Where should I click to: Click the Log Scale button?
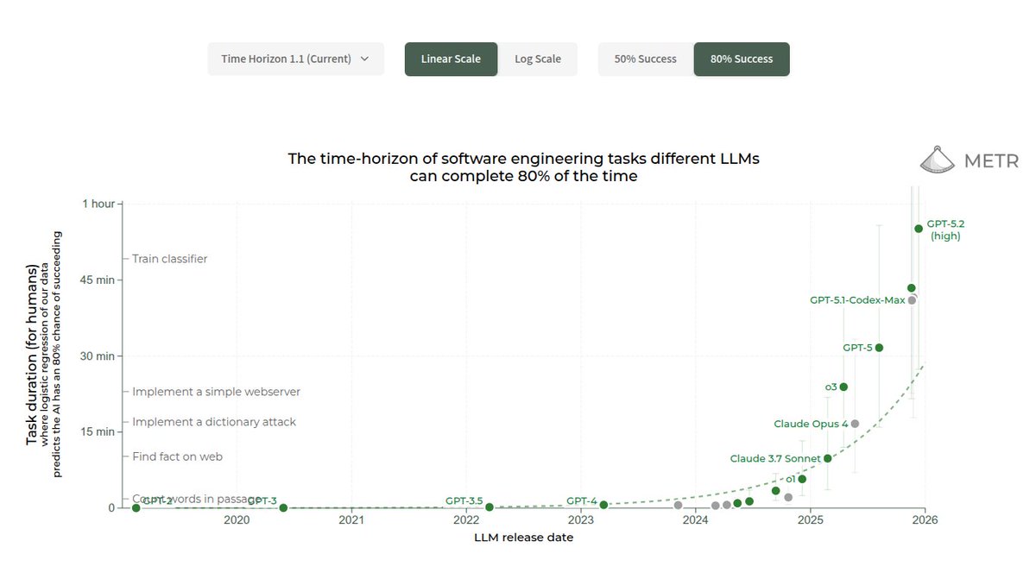tap(538, 59)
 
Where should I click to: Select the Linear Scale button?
tap(451, 59)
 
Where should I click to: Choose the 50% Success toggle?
tap(645, 59)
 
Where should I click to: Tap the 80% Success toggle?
tap(742, 59)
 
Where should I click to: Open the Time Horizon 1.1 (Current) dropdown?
tap(295, 59)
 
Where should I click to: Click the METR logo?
tap(968, 160)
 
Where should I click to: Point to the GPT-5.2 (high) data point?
tap(919, 229)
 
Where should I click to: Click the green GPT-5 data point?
tap(879, 348)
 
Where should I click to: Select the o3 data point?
tap(843, 387)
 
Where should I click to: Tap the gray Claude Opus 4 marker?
tap(855, 424)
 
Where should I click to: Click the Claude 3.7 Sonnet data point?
tap(828, 458)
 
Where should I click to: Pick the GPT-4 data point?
tap(603, 505)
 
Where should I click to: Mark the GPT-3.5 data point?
tap(490, 507)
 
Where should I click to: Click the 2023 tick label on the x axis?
tap(580, 520)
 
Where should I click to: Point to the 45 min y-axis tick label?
tap(98, 280)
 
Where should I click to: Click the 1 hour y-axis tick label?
tap(98, 204)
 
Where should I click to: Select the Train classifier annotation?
tap(169, 259)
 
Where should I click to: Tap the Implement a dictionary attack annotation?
tap(213, 422)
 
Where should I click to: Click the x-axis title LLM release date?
tap(523, 538)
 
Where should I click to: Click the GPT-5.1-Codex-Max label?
tap(857, 300)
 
